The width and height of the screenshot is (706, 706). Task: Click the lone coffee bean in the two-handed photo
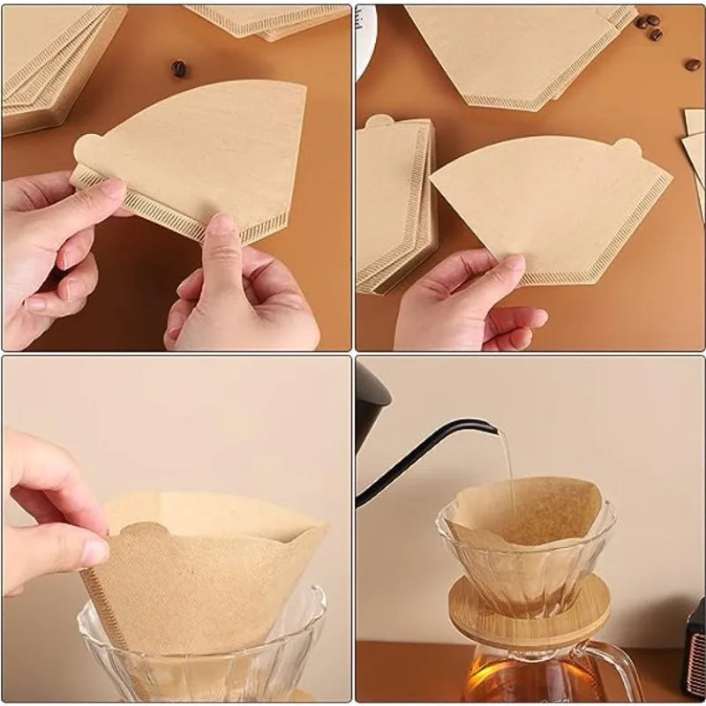pyautogui.click(x=179, y=68)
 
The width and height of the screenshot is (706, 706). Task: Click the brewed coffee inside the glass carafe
pyautogui.click(x=512, y=680)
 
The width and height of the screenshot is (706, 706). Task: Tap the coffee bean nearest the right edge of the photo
pyautogui.click(x=693, y=64)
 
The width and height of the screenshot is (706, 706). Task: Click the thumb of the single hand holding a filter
pyautogui.click(x=481, y=265)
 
